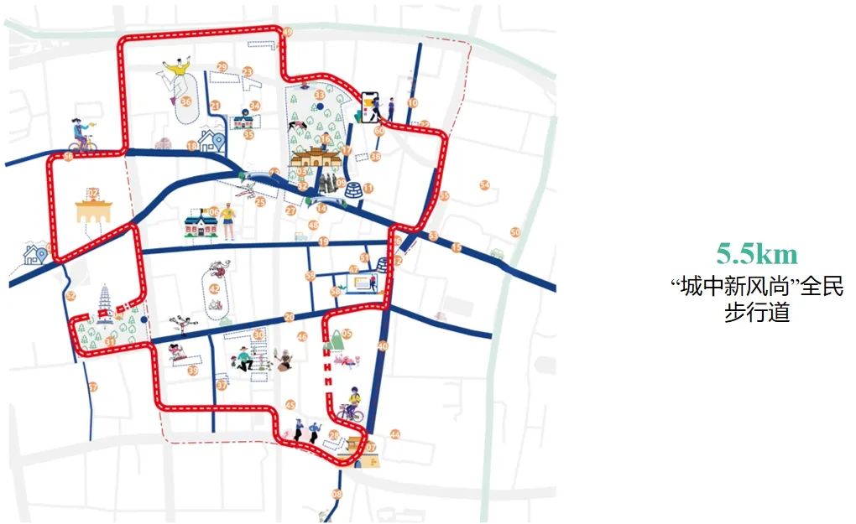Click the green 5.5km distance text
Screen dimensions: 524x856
[756, 254]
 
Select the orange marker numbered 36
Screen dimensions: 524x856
[186, 101]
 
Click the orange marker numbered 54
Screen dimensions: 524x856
[484, 185]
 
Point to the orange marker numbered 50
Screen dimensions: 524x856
[515, 232]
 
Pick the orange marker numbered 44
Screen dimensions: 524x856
[394, 434]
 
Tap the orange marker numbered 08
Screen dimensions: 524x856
[337, 495]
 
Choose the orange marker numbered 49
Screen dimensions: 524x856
[287, 32]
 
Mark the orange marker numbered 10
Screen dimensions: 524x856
[412, 103]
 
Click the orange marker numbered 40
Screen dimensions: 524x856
[383, 346]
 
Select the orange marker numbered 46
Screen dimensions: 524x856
[302, 337]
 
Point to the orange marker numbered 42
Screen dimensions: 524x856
[215, 289]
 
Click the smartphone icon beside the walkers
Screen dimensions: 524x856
[369, 106]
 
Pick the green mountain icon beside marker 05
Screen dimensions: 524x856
[331, 340]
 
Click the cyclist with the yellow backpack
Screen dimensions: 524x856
[352, 404]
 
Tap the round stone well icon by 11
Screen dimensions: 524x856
[354, 189]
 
